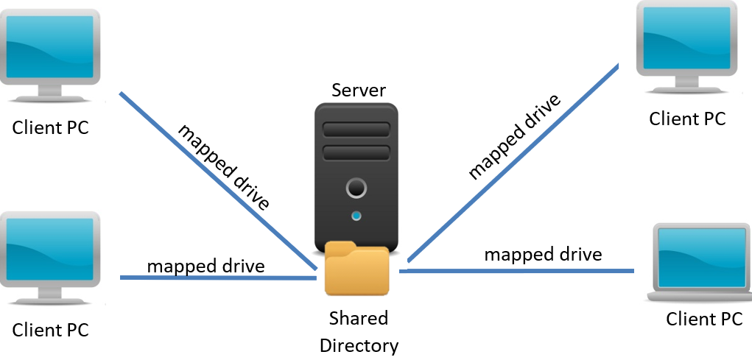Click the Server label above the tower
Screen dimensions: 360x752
(x=359, y=90)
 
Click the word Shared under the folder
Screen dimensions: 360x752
(x=359, y=318)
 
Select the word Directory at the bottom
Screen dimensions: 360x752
(x=359, y=345)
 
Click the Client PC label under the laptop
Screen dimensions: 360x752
(x=704, y=320)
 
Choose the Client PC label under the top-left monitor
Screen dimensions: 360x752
(x=51, y=127)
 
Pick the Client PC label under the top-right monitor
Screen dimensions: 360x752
(x=687, y=119)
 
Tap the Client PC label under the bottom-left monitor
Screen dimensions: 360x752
(x=51, y=330)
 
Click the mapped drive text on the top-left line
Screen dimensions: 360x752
(x=224, y=166)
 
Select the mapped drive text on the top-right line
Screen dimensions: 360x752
(x=516, y=136)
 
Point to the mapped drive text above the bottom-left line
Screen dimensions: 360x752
(x=205, y=265)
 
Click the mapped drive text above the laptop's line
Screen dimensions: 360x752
(x=543, y=255)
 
